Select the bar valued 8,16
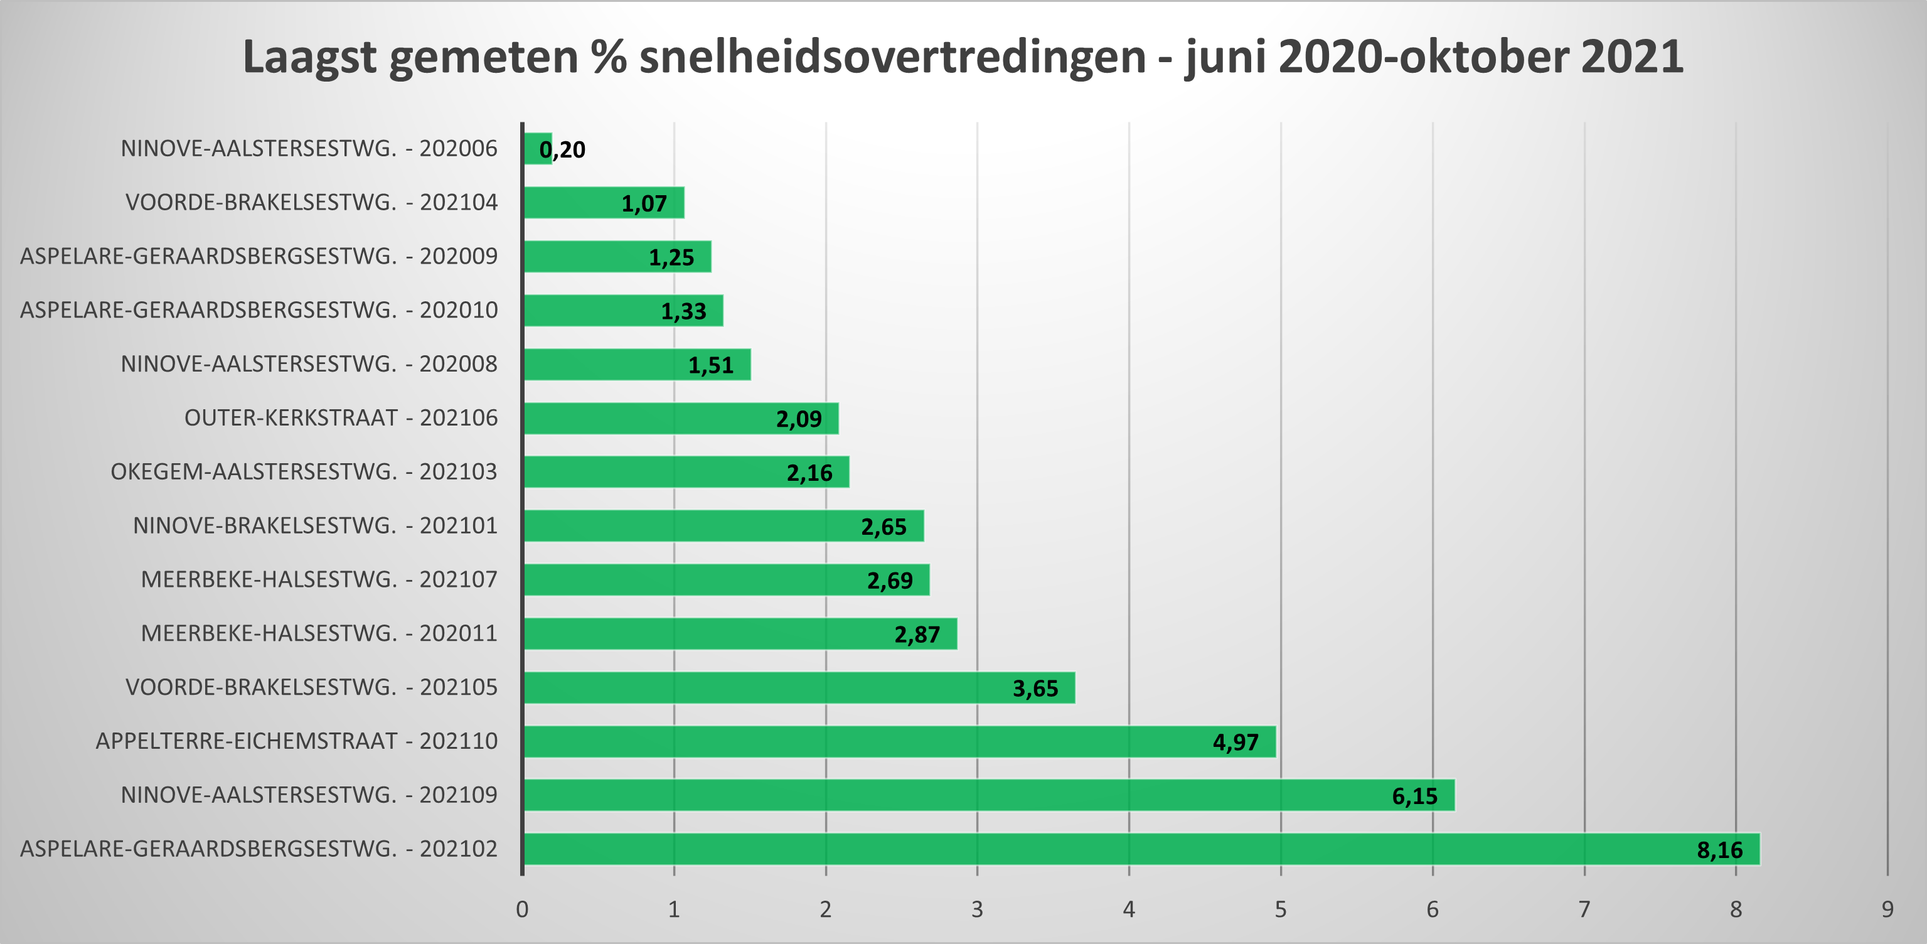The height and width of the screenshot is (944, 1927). tap(1141, 849)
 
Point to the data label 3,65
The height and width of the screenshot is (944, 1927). tap(1035, 688)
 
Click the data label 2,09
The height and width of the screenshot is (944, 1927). tap(798, 419)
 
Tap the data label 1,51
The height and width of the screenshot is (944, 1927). tap(711, 365)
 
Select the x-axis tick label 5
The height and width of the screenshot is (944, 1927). tap(1281, 909)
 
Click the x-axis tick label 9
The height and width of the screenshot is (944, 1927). tap(1887, 909)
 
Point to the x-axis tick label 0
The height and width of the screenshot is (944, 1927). tap(522, 909)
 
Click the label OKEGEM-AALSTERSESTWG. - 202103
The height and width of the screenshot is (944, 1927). tap(304, 471)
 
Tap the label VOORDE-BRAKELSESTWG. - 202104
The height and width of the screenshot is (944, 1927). tap(311, 202)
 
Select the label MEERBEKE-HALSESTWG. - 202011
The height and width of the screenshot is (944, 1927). tap(319, 633)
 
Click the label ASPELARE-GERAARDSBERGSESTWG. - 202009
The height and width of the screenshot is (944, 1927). tap(259, 256)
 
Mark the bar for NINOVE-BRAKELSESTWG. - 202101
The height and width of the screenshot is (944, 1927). tap(723, 526)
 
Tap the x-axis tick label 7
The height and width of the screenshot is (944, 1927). tap(1584, 909)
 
